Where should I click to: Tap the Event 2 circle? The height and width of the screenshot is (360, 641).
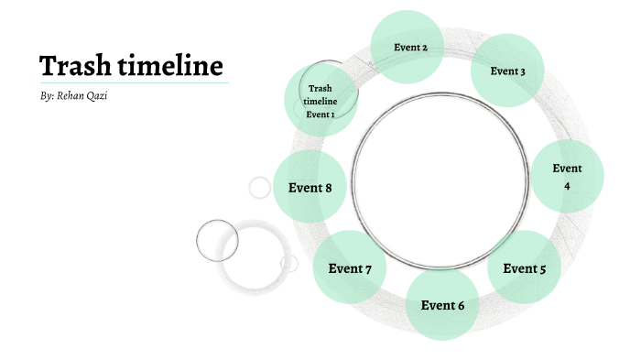(x=407, y=47)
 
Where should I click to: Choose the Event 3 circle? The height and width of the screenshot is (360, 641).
(x=507, y=71)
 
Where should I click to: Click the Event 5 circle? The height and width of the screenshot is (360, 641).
(x=524, y=267)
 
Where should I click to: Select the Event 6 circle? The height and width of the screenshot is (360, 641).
(x=443, y=304)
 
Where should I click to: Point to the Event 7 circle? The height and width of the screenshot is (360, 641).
(x=350, y=267)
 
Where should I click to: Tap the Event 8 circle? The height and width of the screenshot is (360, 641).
(x=310, y=188)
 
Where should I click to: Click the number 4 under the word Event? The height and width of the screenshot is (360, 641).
(x=567, y=186)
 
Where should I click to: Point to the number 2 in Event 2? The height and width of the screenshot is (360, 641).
(x=425, y=47)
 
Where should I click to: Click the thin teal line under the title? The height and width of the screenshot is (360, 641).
(x=133, y=82)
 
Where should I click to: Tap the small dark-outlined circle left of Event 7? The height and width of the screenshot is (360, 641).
(x=217, y=240)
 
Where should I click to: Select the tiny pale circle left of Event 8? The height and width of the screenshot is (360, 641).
(x=260, y=188)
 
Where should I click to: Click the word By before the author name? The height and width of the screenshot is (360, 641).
(x=47, y=96)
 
